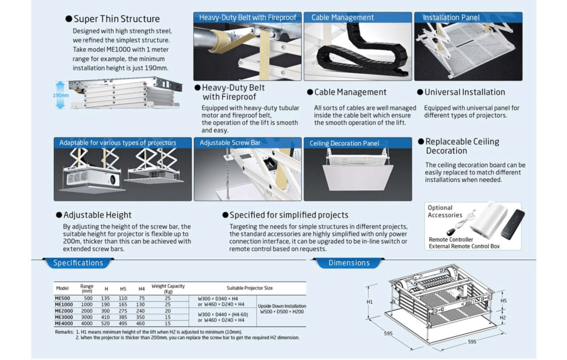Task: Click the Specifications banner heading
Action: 78,263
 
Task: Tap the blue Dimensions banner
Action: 349,263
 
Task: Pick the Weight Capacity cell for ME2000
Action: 167,311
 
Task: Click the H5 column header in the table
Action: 123,289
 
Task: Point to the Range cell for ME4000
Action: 88,324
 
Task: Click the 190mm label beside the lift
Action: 61,95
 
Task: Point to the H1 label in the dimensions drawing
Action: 370,302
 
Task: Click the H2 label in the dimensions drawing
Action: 503,318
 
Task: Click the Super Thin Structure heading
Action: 117,19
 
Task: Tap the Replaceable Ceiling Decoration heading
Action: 462,146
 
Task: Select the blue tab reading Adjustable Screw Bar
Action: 230,143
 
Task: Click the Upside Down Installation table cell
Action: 282,309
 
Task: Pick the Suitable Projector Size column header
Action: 249,288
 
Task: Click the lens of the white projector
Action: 112,180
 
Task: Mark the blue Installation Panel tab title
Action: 451,18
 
